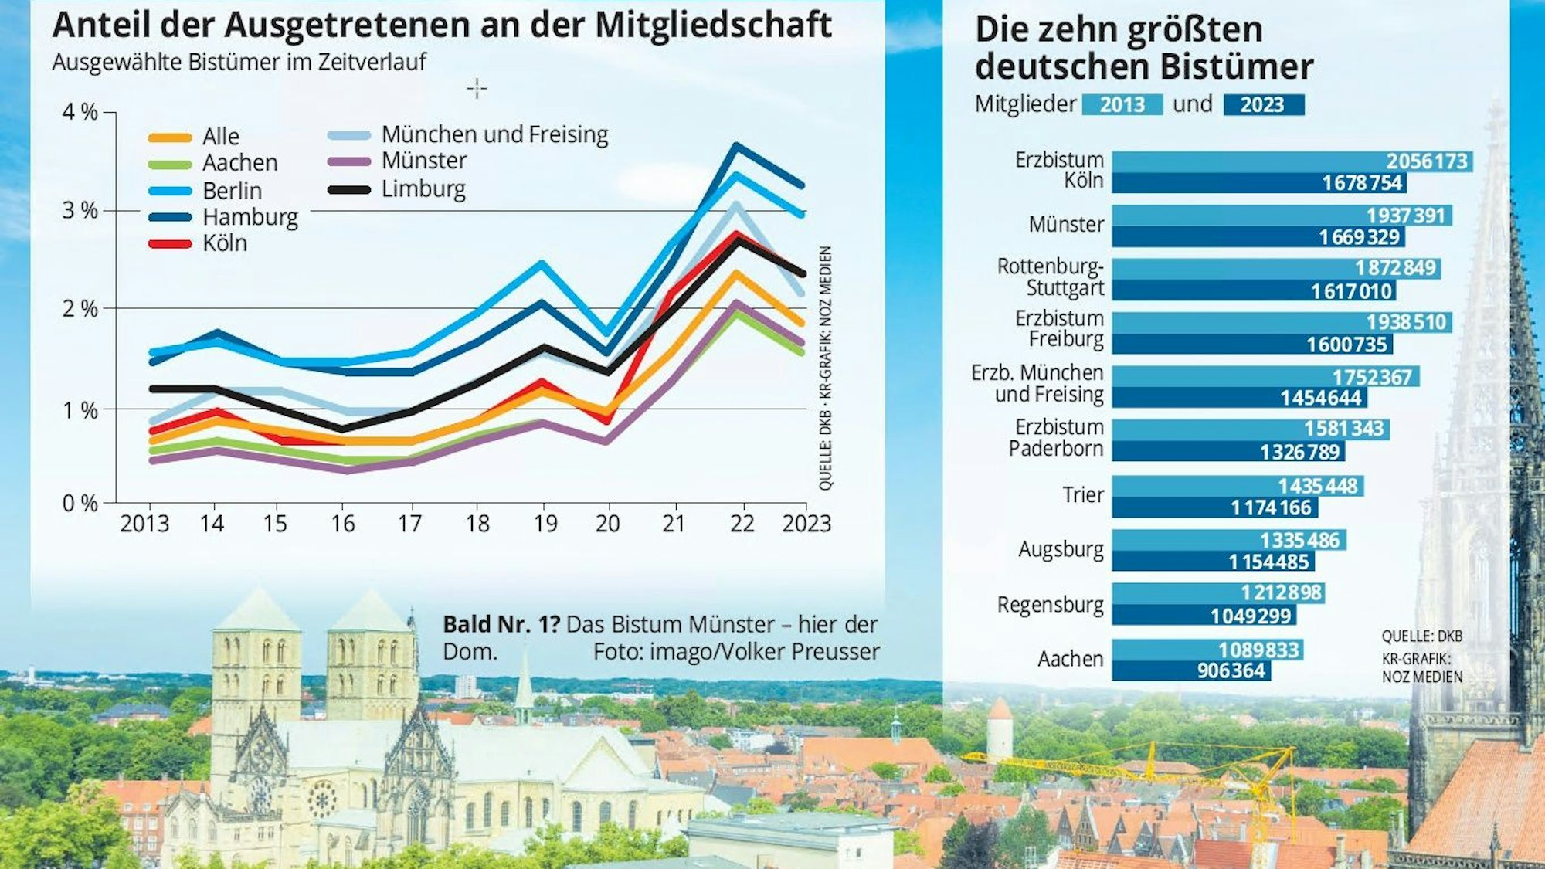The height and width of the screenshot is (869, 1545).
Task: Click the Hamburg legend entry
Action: click(x=249, y=217)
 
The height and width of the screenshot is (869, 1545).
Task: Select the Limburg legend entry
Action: click(x=423, y=188)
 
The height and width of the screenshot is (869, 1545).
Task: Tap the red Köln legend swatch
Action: click(x=170, y=244)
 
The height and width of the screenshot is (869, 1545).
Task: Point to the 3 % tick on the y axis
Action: click(x=80, y=210)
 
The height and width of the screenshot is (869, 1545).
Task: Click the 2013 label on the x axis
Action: click(x=144, y=524)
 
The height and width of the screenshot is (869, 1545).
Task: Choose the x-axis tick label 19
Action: click(x=545, y=524)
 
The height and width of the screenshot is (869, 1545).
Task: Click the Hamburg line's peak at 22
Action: click(x=736, y=145)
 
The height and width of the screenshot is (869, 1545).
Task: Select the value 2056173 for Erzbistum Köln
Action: click(x=1426, y=161)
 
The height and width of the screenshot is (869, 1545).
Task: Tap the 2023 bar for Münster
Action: click(x=1258, y=236)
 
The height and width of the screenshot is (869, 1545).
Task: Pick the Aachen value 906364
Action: click(x=1231, y=670)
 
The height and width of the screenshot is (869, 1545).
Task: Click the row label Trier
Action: click(x=1082, y=495)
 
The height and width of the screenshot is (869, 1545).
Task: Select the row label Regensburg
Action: click(x=1050, y=605)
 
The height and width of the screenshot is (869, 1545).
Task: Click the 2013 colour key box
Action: click(x=1122, y=105)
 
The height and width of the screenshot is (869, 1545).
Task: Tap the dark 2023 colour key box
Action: click(x=1263, y=105)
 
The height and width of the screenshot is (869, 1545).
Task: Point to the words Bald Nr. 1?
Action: click(x=501, y=624)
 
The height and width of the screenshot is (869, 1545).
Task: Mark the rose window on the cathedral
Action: click(x=321, y=799)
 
